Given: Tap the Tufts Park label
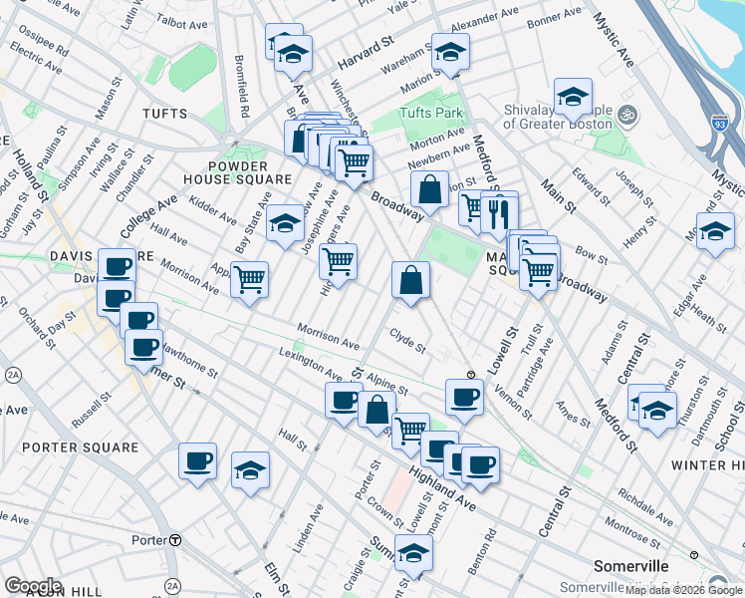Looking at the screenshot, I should (431, 113).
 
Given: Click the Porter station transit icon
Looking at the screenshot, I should (175, 540).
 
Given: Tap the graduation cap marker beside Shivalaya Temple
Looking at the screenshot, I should (574, 98).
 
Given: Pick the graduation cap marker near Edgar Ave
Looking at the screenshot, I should (715, 232).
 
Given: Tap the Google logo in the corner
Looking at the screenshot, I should (33, 585).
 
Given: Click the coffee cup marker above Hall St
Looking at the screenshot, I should (197, 462).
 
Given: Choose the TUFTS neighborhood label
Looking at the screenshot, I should (164, 115).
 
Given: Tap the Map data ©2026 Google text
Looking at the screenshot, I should (683, 591).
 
